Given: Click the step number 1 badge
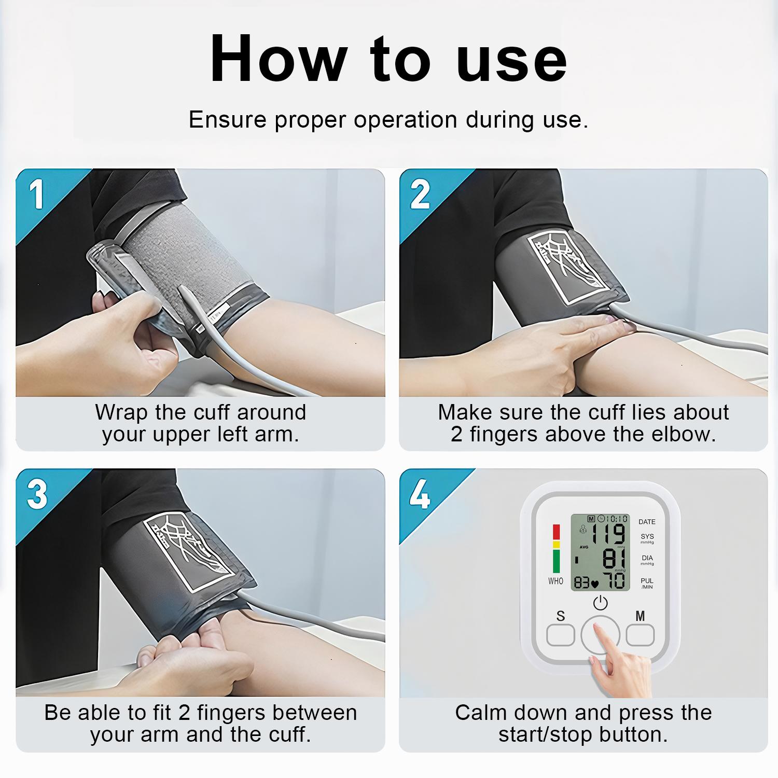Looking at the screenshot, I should tap(36, 195).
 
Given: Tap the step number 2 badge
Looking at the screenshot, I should tap(420, 195).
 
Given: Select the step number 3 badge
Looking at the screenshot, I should tap(37, 495).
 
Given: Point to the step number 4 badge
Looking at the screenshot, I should tap(420, 495).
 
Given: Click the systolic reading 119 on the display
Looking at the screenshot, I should tap(608, 534).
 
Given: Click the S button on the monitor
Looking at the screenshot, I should tap(561, 634).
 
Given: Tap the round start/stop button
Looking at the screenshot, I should tap(600, 635).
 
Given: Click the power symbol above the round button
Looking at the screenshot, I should tap(600, 603).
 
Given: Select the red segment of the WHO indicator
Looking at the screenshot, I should tap(556, 532).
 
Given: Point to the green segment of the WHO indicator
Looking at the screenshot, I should tap(556, 561).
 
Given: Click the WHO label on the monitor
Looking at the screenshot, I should tap(555, 581).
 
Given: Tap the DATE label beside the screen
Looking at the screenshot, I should tap(647, 522).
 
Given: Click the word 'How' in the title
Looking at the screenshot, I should tap(278, 59).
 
